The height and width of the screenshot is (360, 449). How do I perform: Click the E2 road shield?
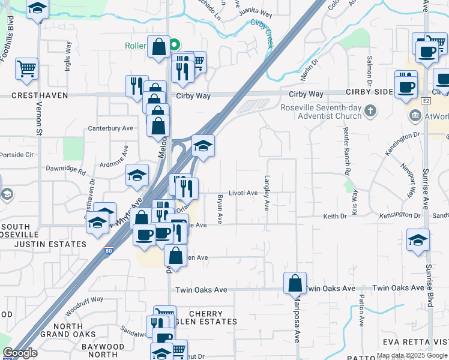426,101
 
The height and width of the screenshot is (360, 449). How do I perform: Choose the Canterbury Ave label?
110,128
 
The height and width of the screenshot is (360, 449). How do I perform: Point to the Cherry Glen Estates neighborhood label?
205,317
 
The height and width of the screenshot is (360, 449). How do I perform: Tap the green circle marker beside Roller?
175,44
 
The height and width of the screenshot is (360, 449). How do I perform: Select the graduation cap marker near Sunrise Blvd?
418,241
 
